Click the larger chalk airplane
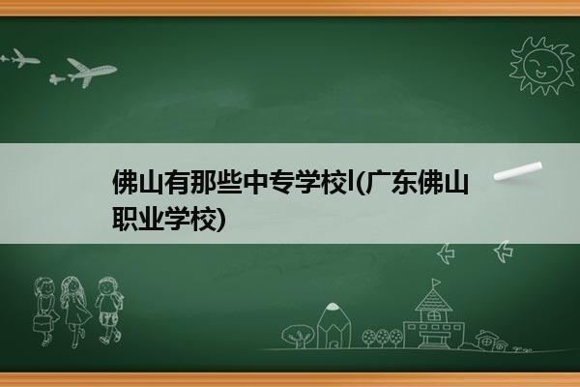click(x=88, y=73)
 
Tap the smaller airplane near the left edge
click(x=21, y=58)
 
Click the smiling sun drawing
click(x=541, y=66)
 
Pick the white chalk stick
click(x=518, y=171)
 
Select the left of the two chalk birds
click(x=446, y=253)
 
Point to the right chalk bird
click(x=504, y=252)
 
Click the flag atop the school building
click(x=437, y=283)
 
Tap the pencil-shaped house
click(x=333, y=325)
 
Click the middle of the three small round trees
click(x=383, y=338)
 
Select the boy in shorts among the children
click(x=108, y=311)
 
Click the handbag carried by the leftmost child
click(x=42, y=323)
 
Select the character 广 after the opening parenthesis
click(x=378, y=182)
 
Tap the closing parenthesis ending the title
click(x=220, y=220)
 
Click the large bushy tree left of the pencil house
click(x=298, y=336)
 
